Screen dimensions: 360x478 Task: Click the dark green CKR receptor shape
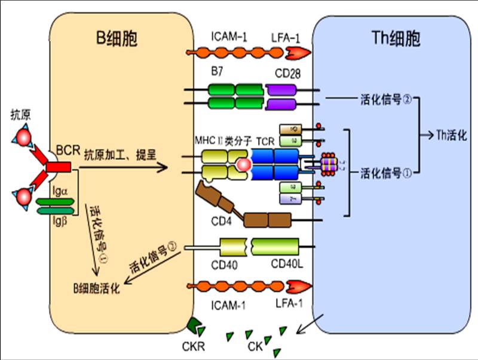click(x=196, y=327)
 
